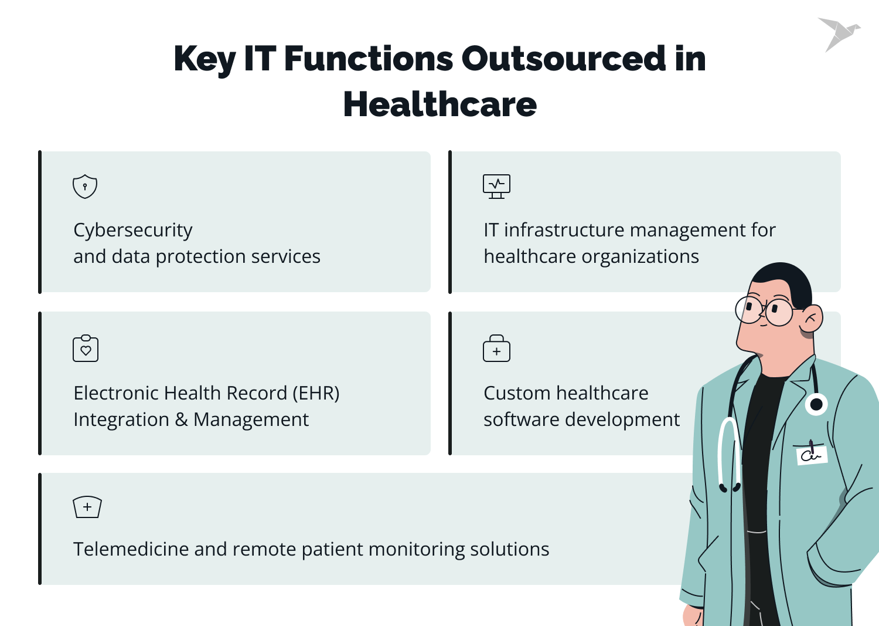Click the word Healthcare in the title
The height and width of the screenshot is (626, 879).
click(x=439, y=104)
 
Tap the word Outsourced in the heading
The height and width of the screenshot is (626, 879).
click(x=563, y=59)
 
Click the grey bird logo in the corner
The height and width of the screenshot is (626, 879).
click(x=838, y=33)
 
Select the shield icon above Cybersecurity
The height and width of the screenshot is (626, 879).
click(x=85, y=187)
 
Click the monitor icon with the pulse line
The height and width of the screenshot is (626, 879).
click(x=496, y=186)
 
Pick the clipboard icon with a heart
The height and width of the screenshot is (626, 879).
click(x=86, y=348)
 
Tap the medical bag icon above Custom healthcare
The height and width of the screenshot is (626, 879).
click(x=496, y=348)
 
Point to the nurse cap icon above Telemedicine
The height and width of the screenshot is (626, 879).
click(x=87, y=507)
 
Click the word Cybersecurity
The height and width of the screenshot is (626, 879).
click(x=132, y=230)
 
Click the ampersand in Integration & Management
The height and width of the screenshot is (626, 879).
click(x=181, y=420)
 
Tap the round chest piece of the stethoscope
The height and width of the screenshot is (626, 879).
click(x=816, y=404)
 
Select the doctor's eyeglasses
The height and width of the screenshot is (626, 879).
click(x=765, y=309)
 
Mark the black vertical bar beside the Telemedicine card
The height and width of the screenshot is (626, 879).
click(x=40, y=529)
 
